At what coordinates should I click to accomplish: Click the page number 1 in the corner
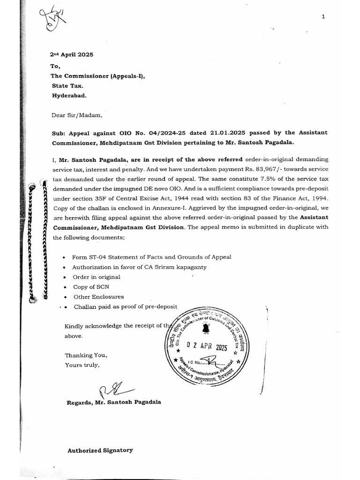click(323, 17)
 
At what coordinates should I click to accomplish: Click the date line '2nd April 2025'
click(73, 54)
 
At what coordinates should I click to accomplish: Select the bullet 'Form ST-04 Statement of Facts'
click(151, 257)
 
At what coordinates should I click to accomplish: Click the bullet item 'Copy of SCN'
click(90, 286)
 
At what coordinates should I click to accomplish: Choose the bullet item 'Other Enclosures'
click(98, 297)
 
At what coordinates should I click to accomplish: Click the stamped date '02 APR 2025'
click(207, 347)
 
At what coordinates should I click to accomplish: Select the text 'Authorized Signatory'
click(100, 450)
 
